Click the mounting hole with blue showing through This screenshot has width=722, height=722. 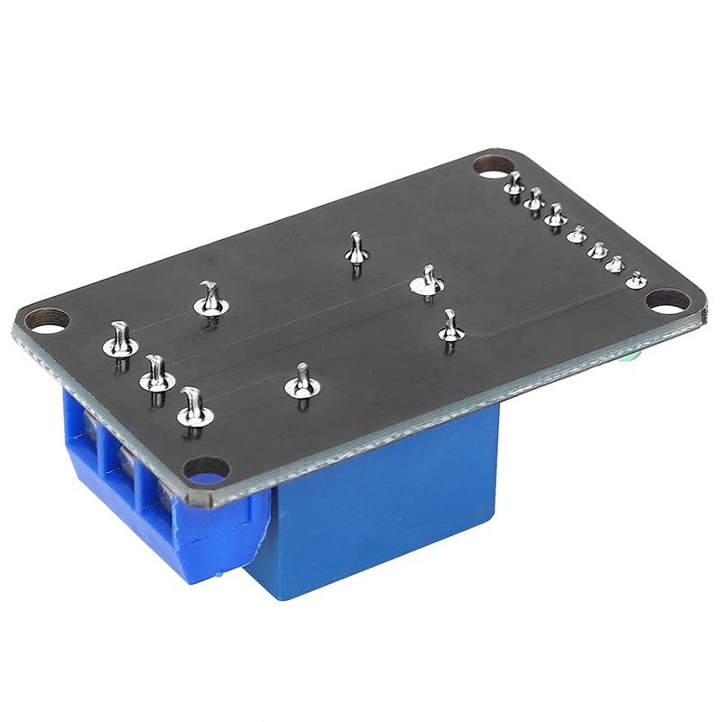(x=207, y=467)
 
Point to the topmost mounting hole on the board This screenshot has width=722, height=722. (x=492, y=166)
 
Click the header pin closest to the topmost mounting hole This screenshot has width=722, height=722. (x=514, y=186)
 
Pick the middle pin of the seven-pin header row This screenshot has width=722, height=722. (x=576, y=235)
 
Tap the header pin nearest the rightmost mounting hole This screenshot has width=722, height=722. (x=637, y=280)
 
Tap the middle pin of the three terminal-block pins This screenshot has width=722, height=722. (x=157, y=375)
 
